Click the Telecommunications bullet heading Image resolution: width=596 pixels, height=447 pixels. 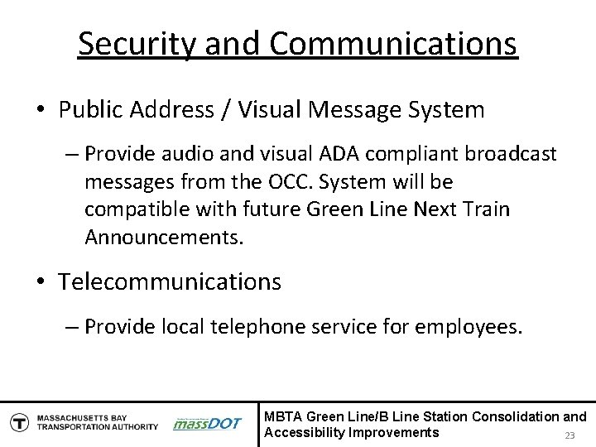(x=170, y=281)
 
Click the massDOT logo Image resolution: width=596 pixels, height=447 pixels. (x=207, y=423)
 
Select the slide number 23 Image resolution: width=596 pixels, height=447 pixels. (x=569, y=436)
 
